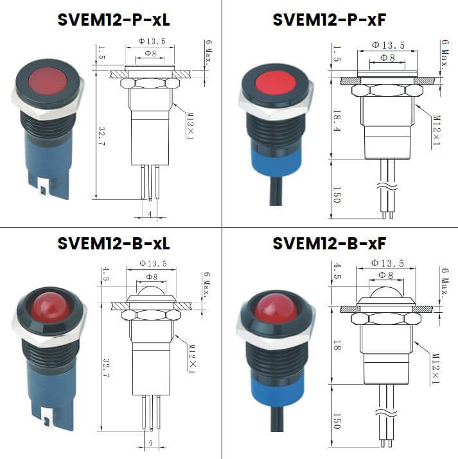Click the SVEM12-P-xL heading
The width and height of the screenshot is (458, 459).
click(113, 20)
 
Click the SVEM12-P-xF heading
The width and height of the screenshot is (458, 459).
click(329, 20)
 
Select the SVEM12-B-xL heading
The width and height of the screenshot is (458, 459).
click(113, 244)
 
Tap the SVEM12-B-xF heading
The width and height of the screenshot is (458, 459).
click(329, 244)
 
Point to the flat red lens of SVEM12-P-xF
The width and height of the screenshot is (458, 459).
click(275, 83)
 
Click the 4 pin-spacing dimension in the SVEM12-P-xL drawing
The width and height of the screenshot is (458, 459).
click(150, 213)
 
